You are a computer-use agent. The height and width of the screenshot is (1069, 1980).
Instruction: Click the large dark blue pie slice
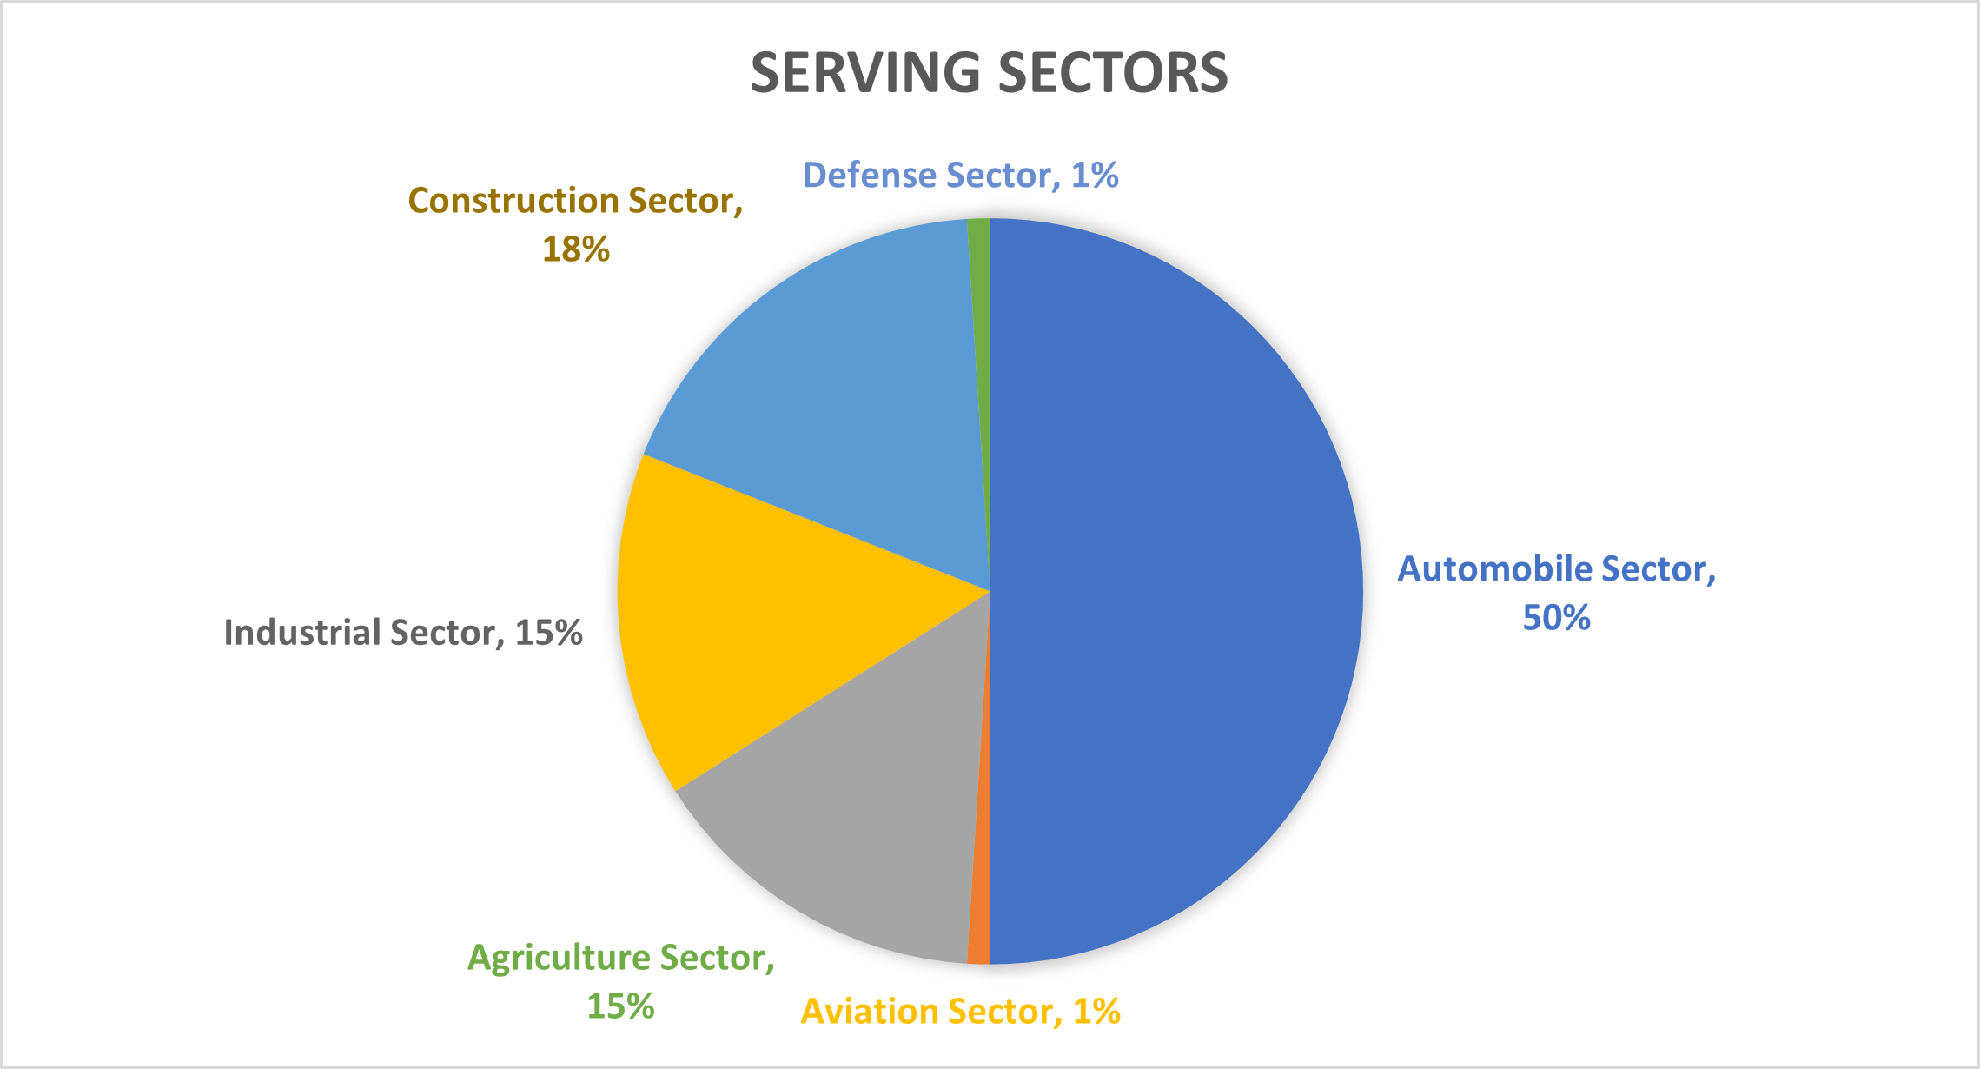click(x=1173, y=591)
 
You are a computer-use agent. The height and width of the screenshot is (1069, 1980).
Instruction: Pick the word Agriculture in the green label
click(x=559, y=958)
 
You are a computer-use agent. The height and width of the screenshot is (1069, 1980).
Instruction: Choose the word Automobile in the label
click(x=1494, y=569)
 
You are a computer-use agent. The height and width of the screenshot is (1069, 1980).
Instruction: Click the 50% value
click(x=1556, y=618)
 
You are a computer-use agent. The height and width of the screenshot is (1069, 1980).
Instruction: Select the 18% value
click(x=576, y=249)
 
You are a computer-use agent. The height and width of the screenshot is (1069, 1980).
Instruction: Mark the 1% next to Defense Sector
click(x=1095, y=176)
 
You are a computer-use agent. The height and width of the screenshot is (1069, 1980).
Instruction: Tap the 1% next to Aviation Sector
click(x=1096, y=1012)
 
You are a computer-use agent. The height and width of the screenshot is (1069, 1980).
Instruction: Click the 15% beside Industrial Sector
click(x=548, y=633)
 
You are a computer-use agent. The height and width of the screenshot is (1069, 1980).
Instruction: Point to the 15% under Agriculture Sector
click(x=620, y=1006)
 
